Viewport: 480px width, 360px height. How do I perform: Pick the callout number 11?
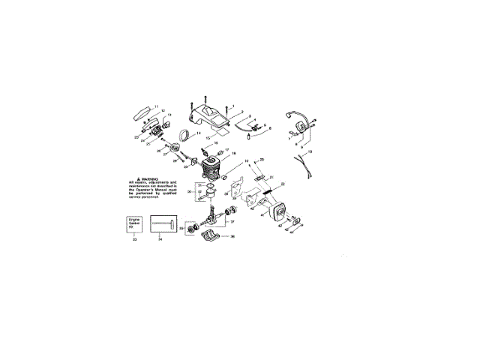(x=156, y=106)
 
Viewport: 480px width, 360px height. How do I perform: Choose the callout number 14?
(x=199, y=133)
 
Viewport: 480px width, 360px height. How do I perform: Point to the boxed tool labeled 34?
(x=164, y=224)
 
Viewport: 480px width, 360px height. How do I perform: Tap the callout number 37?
(x=232, y=222)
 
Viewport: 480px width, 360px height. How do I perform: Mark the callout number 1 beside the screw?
(x=232, y=106)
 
